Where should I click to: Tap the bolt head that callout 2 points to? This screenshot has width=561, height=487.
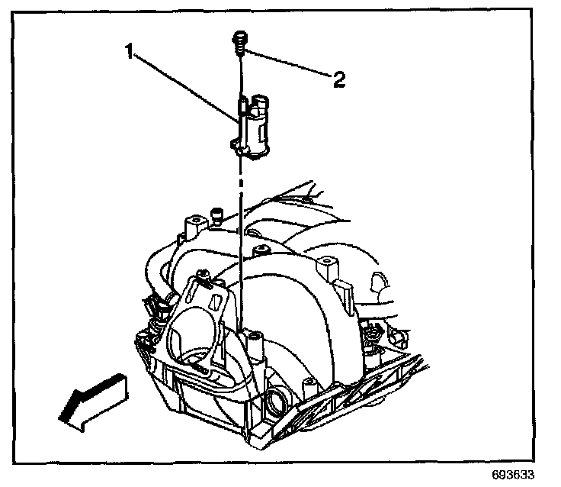(239, 37)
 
